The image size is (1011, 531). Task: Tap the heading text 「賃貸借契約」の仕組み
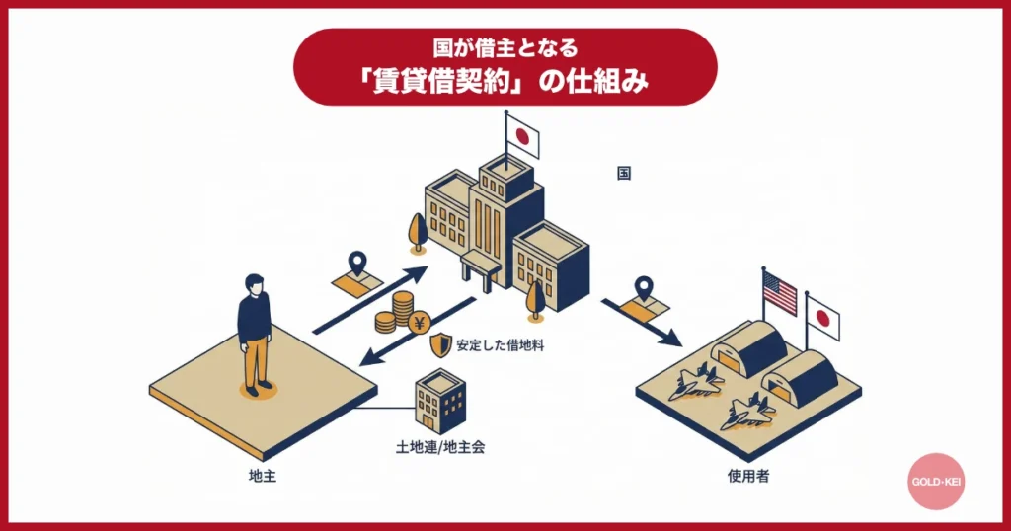505,82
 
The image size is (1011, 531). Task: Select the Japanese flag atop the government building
522,137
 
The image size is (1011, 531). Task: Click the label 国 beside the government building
624,173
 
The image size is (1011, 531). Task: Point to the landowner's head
255,283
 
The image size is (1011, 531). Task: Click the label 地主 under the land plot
262,476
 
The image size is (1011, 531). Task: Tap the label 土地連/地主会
440,446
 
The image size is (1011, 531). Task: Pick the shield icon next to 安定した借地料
439,345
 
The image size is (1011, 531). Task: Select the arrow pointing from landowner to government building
370,300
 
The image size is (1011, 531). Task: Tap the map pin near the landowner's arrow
356,264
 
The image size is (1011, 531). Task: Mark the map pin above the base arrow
645,287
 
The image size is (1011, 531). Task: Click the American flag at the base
779,292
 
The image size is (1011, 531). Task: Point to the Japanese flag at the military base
822,316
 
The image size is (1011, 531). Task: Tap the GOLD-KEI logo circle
935,482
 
